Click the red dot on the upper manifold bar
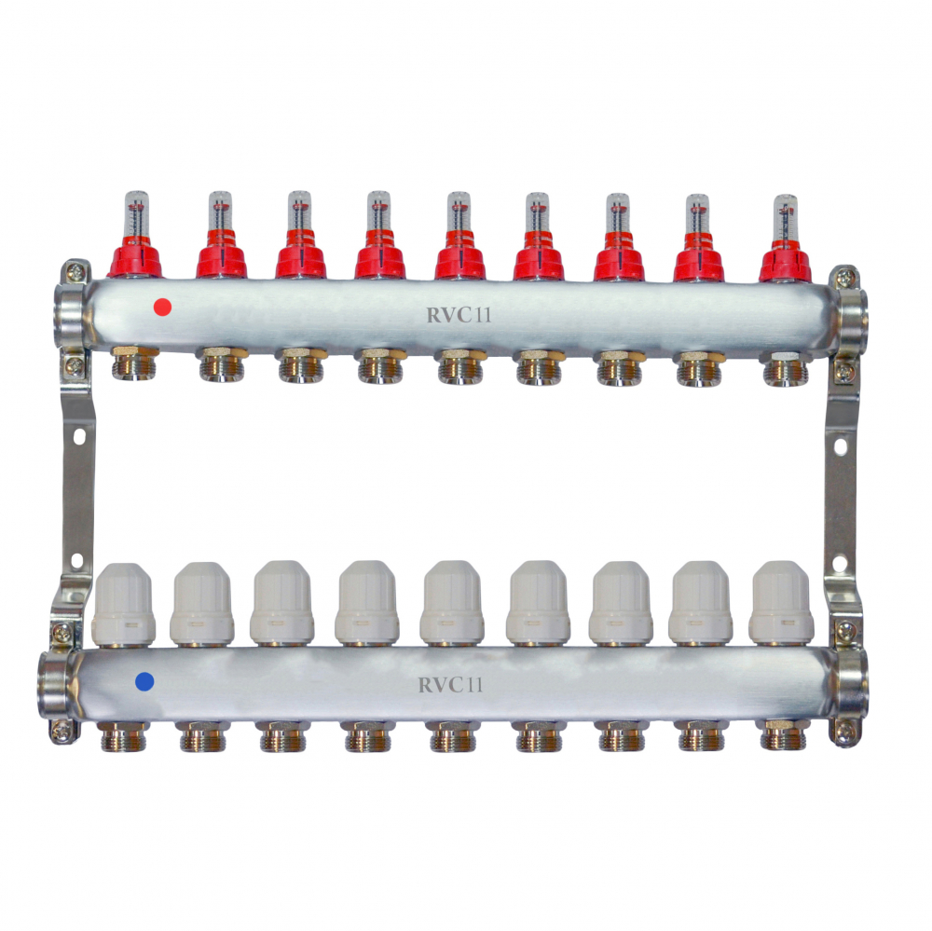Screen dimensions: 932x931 162,308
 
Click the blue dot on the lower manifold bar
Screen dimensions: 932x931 145,681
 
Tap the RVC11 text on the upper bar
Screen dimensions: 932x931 459,314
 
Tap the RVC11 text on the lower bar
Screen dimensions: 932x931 450,685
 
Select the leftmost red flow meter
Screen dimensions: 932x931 135,235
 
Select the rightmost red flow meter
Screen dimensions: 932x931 785,238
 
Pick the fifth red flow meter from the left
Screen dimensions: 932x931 459,236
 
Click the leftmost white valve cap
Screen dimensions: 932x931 124,605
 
